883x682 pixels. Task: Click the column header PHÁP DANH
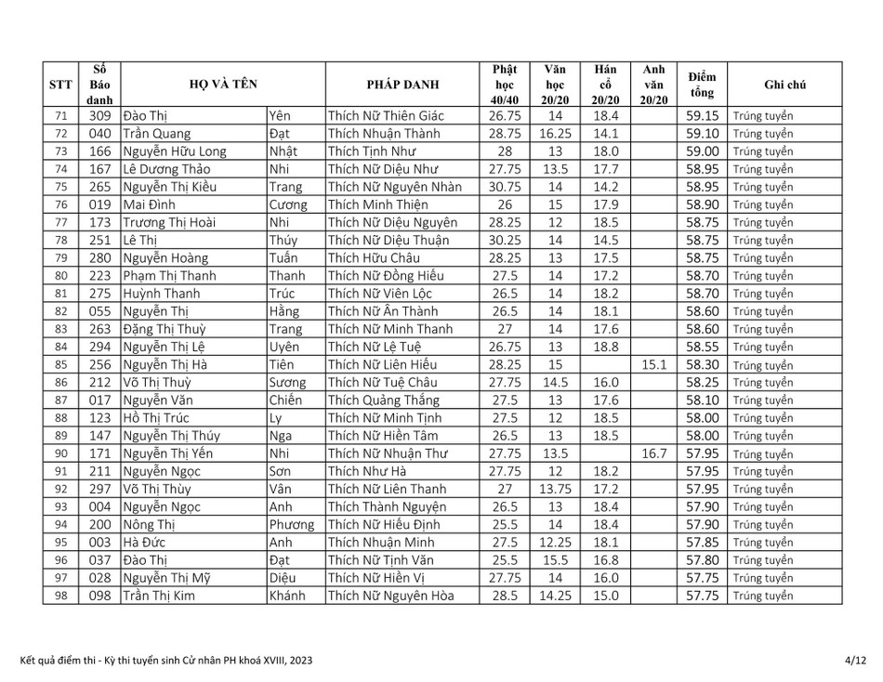pyautogui.click(x=403, y=85)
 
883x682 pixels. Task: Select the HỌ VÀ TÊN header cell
pyautogui.click(x=223, y=85)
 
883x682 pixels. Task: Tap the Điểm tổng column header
pyautogui.click(x=702, y=85)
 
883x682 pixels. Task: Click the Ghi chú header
pyautogui.click(x=784, y=85)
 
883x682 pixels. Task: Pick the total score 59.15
pyautogui.click(x=702, y=116)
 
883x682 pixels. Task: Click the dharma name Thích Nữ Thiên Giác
pyautogui.click(x=387, y=116)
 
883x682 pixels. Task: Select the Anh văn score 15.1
pyautogui.click(x=654, y=365)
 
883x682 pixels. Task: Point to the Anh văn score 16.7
pyautogui.click(x=654, y=453)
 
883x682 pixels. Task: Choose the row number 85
pyautogui.click(x=61, y=365)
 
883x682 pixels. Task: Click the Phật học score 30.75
pyautogui.click(x=504, y=187)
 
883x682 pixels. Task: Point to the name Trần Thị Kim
pyautogui.click(x=159, y=596)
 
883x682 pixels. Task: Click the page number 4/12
pyautogui.click(x=855, y=660)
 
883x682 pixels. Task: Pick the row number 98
pyautogui.click(x=61, y=596)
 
